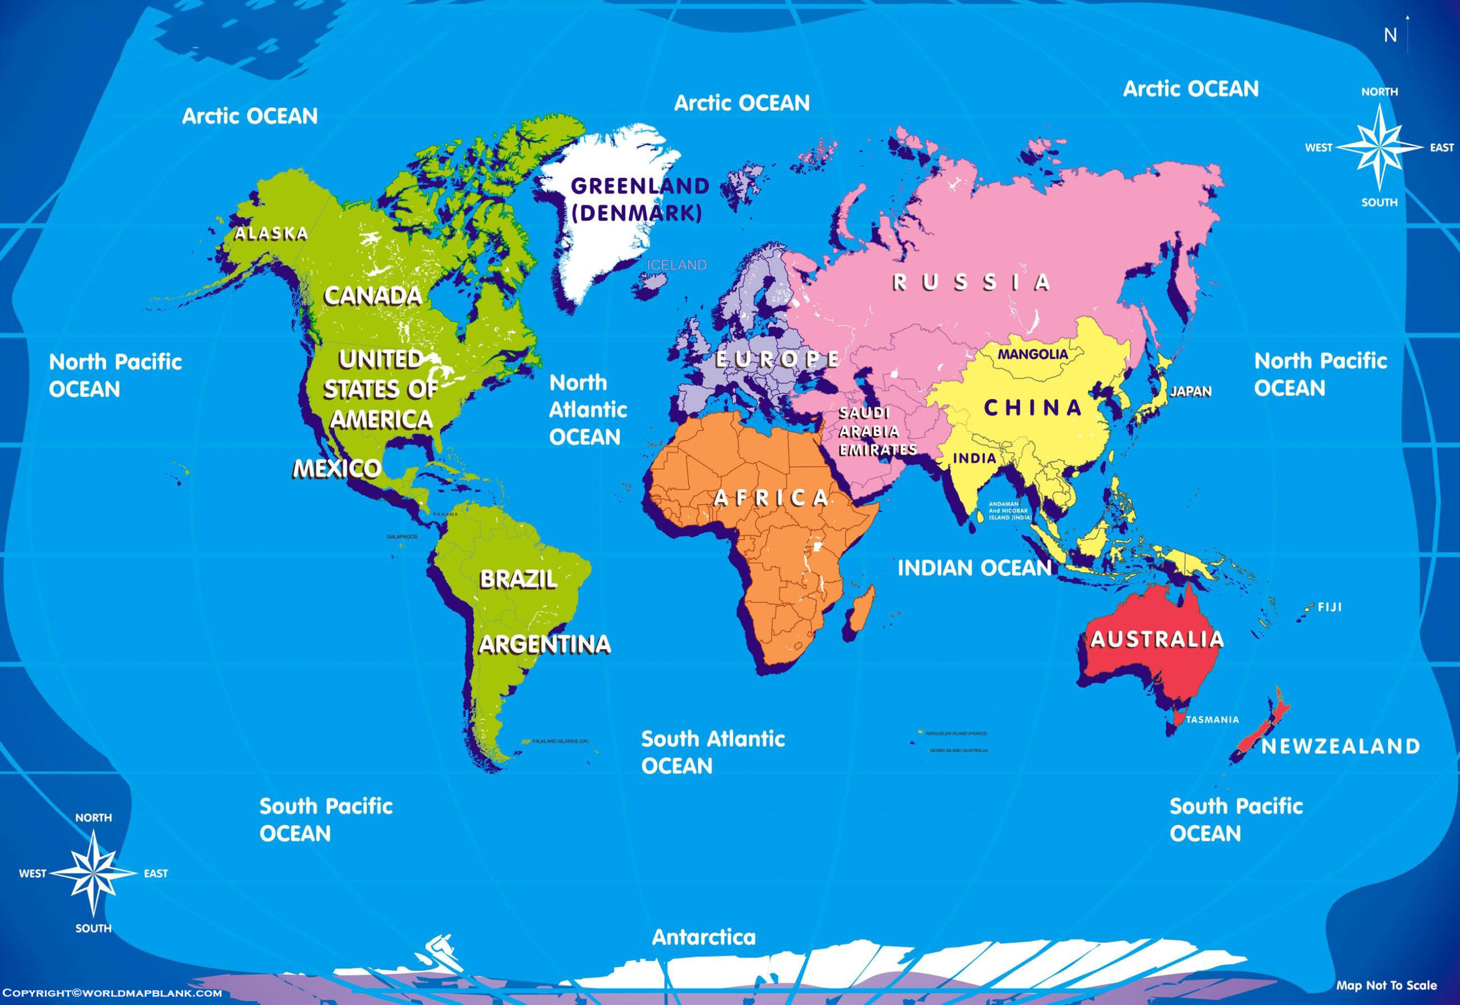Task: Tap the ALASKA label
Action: pyautogui.click(x=271, y=234)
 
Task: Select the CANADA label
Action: pyautogui.click(x=373, y=296)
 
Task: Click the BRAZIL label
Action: pyautogui.click(x=518, y=580)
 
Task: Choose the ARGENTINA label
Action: pyautogui.click(x=545, y=644)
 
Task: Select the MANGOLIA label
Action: pyautogui.click(x=1032, y=355)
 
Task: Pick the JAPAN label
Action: pyautogui.click(x=1191, y=391)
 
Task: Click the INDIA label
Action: pyautogui.click(x=974, y=458)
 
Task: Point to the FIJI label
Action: pyautogui.click(x=1329, y=607)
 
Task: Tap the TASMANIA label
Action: pyautogui.click(x=1212, y=720)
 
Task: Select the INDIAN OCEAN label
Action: pyautogui.click(x=975, y=568)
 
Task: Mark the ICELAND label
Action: pyautogui.click(x=677, y=266)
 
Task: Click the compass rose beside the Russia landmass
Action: pyautogui.click(x=1379, y=148)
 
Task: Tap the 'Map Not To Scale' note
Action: pyautogui.click(x=1386, y=986)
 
